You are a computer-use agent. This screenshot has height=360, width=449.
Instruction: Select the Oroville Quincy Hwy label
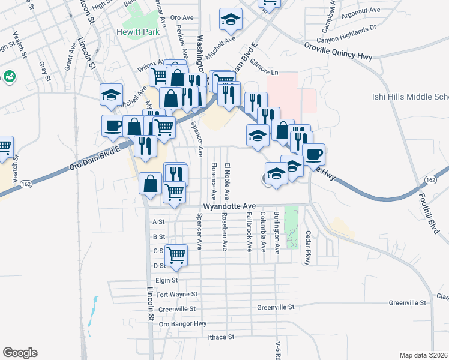click(x=339, y=52)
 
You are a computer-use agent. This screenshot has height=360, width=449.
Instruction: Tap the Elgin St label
click(x=167, y=280)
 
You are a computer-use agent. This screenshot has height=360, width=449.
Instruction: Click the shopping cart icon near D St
click(x=176, y=255)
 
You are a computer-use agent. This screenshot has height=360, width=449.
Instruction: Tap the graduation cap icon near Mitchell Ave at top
click(x=231, y=20)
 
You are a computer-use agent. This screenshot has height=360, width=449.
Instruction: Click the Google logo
click(x=20, y=353)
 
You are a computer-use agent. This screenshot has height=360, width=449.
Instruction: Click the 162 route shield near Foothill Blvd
click(x=429, y=180)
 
